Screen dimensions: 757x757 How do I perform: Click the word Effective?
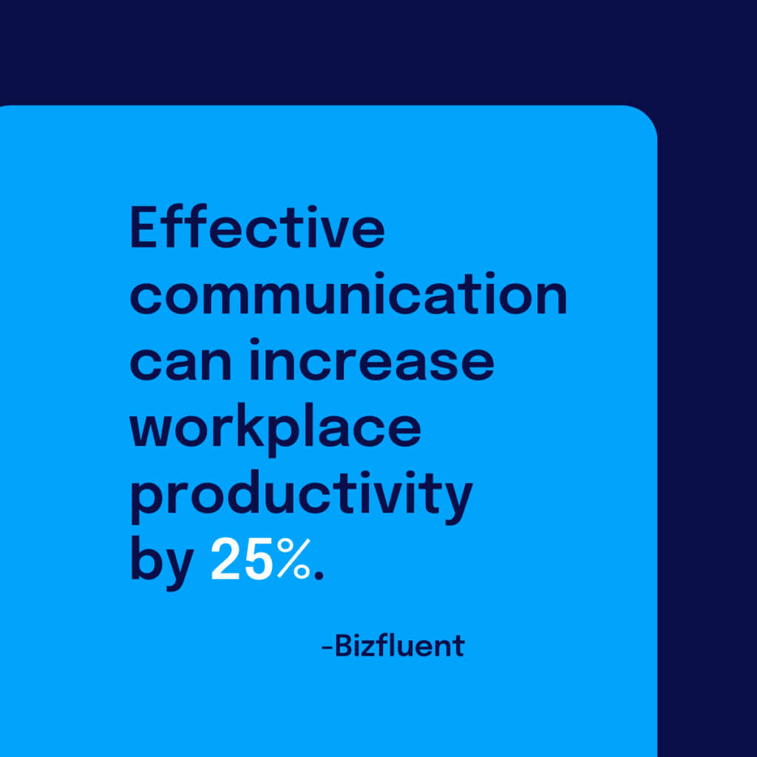click(257, 228)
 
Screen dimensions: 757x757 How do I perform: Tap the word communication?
click(348, 296)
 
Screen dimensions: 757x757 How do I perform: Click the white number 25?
click(240, 561)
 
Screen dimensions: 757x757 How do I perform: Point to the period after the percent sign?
click(319, 576)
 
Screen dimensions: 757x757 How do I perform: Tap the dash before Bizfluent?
click(326, 648)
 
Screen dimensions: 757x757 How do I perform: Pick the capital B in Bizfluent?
click(345, 646)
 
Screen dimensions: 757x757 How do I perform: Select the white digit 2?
click(225, 561)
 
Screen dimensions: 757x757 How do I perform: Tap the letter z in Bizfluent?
click(373, 648)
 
